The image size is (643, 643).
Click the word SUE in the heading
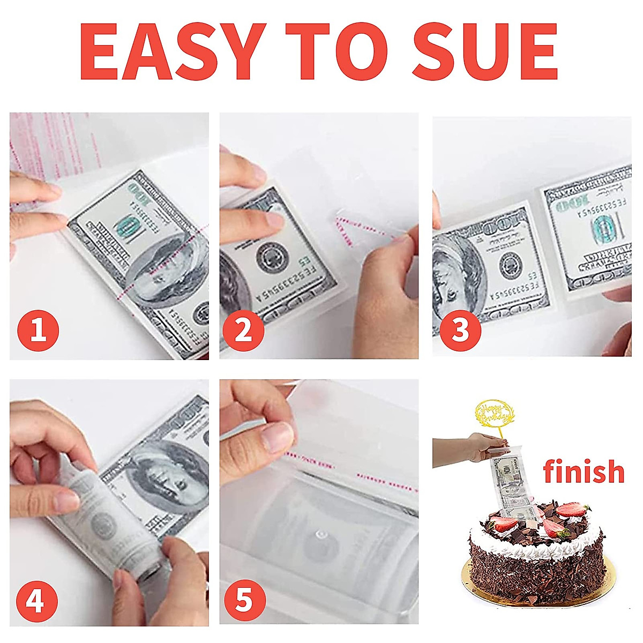point(485,52)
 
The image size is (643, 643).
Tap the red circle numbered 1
point(38,331)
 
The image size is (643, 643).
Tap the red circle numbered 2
point(243,331)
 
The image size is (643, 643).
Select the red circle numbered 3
point(460,331)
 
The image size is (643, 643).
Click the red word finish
point(584,472)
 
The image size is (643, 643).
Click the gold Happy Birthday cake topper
point(491,415)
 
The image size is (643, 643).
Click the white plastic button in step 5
point(322,534)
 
